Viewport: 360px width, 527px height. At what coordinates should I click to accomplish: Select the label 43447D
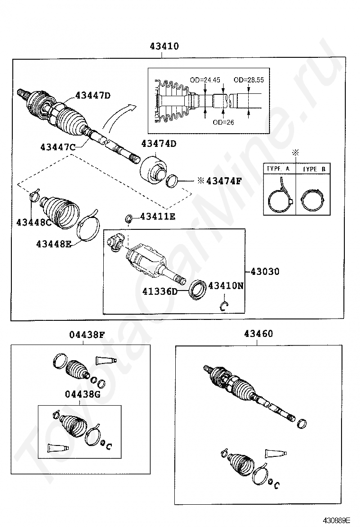tap(93, 96)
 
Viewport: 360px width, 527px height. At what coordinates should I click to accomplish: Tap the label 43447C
tap(58, 147)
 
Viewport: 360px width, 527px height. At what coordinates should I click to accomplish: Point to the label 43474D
tap(159, 144)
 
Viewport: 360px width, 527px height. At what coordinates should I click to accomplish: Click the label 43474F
tap(214, 181)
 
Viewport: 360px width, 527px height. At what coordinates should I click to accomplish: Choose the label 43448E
tap(54, 244)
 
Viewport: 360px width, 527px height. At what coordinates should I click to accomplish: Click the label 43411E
tap(158, 217)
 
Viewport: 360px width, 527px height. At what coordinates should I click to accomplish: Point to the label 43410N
tap(226, 285)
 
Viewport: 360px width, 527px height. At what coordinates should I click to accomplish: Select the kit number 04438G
tap(83, 394)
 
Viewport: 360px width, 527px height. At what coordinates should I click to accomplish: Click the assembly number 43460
tap(259, 334)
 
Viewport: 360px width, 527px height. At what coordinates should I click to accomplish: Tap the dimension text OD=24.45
tap(205, 80)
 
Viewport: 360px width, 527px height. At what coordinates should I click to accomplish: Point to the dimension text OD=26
tap(224, 122)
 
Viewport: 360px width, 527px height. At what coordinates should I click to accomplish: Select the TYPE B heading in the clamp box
tap(313, 169)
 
